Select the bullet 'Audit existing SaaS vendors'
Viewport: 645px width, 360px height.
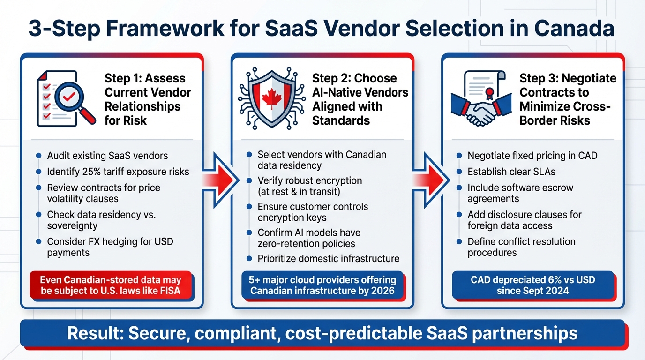[x=107, y=156]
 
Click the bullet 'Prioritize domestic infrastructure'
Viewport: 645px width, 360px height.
[x=328, y=258]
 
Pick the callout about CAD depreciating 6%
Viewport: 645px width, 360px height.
[x=532, y=285]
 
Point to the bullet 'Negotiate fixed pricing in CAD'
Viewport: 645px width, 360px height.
[x=532, y=156]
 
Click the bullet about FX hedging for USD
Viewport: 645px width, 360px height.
[x=110, y=247]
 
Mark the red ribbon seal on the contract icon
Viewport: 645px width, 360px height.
[x=490, y=92]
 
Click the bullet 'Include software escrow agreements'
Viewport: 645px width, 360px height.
[x=520, y=193]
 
